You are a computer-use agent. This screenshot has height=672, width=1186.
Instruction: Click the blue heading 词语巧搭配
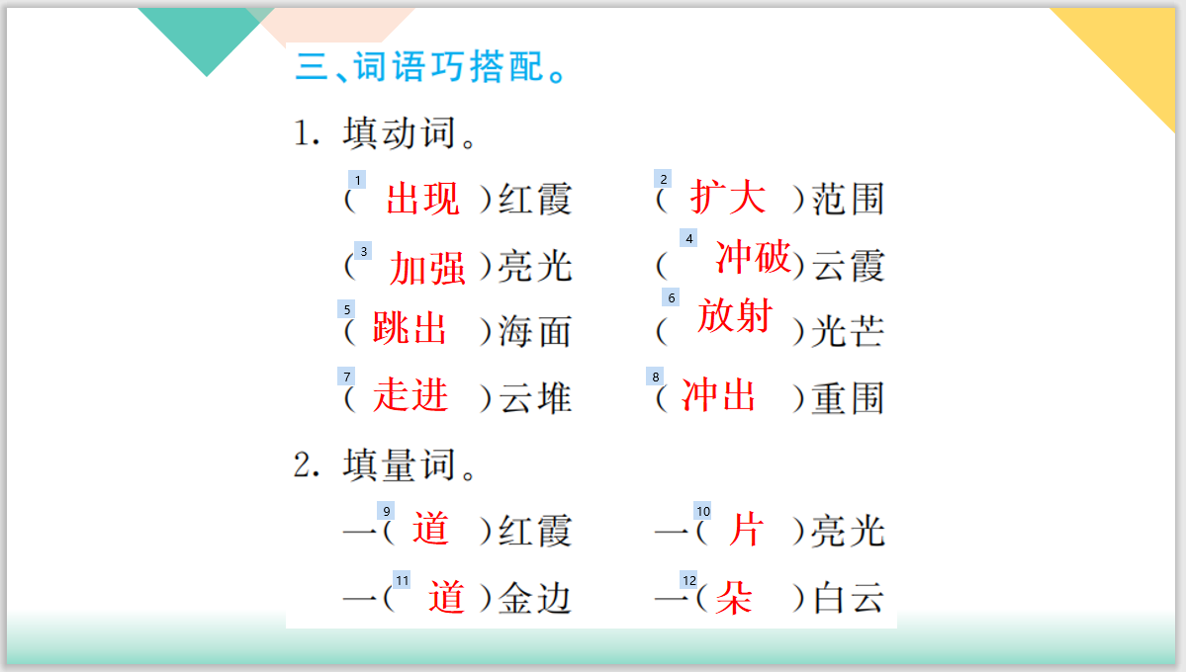pyautogui.click(x=448, y=66)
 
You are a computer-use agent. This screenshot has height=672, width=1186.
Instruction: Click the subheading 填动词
pyautogui.click(x=400, y=133)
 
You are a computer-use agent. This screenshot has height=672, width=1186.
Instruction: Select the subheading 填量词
pyautogui.click(x=400, y=464)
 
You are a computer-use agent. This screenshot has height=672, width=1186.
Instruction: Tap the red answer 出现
pyautogui.click(x=422, y=199)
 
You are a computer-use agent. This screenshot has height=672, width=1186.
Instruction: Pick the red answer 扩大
pyautogui.click(x=727, y=198)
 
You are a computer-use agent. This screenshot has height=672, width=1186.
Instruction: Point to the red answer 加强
pyautogui.click(x=427, y=269)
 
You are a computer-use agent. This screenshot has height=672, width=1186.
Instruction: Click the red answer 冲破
pyautogui.click(x=753, y=257)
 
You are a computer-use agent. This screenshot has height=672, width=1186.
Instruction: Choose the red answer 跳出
pyautogui.click(x=410, y=329)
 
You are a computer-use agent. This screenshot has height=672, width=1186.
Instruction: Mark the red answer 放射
pyautogui.click(x=734, y=315)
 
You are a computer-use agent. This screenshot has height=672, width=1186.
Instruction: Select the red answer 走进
pyautogui.click(x=411, y=395)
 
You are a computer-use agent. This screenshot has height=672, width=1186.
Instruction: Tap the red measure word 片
pyautogui.click(x=746, y=529)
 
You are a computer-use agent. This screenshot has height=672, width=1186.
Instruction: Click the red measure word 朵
pyautogui.click(x=734, y=598)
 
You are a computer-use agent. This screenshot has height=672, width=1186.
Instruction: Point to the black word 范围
pyautogui.click(x=847, y=199)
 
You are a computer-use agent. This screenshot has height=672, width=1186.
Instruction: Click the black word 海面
pyautogui.click(x=535, y=332)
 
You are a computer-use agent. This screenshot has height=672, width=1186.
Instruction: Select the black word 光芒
pyautogui.click(x=847, y=332)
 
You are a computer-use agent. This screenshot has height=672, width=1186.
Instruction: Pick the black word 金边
pyautogui.click(x=535, y=598)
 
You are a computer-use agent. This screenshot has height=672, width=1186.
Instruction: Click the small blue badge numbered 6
pyautogui.click(x=671, y=297)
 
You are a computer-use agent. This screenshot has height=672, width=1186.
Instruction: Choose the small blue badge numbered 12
pyautogui.click(x=689, y=580)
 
